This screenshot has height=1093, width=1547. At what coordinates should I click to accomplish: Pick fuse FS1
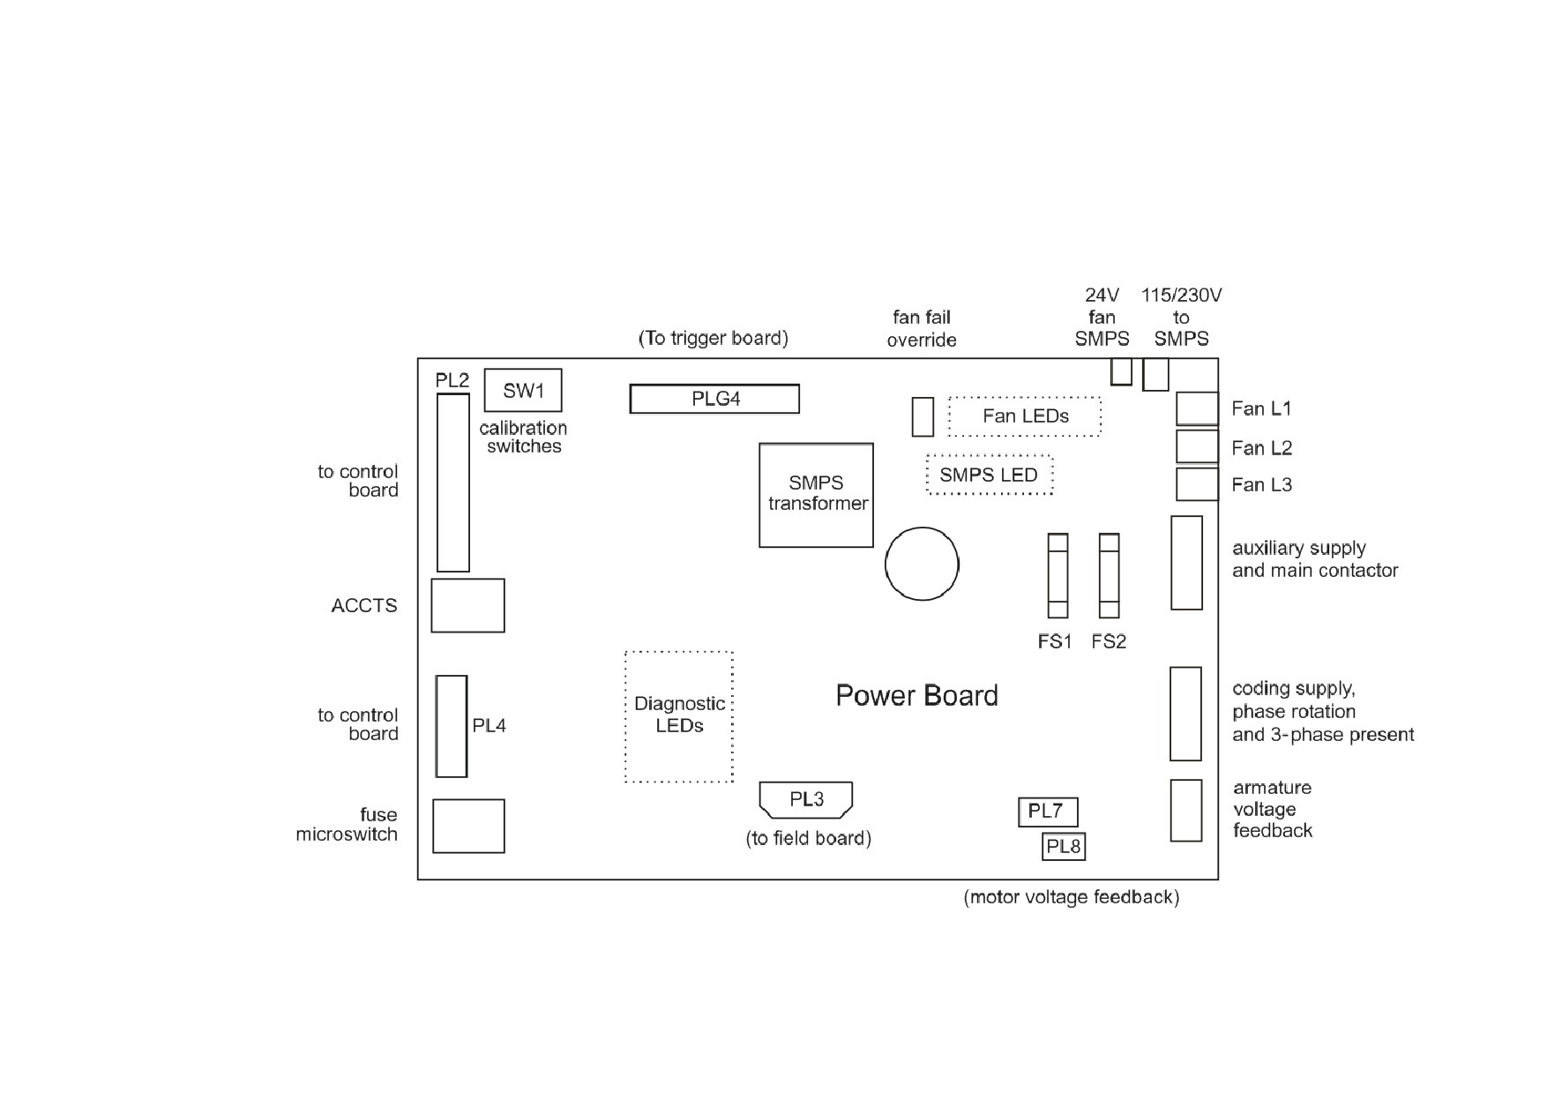click(x=1057, y=576)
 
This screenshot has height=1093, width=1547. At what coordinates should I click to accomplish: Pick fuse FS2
click(x=1109, y=576)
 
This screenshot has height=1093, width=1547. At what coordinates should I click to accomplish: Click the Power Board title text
click(x=916, y=695)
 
